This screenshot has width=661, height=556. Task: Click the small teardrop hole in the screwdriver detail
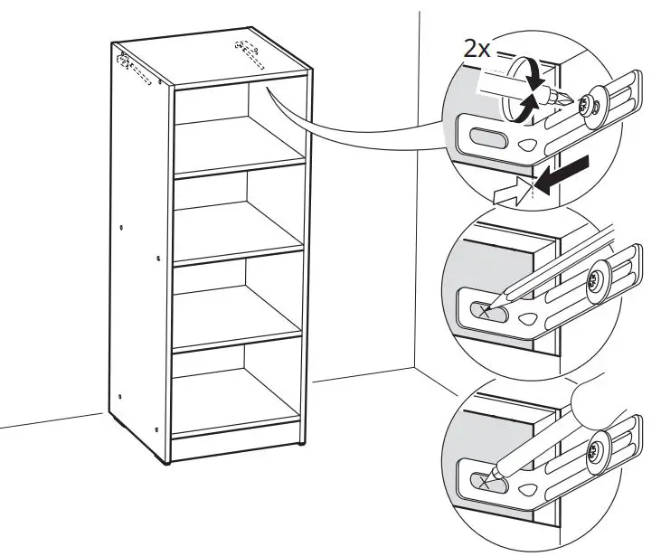pyautogui.click(x=527, y=145)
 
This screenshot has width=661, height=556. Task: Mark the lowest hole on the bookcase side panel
pyautogui.click(x=156, y=429)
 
